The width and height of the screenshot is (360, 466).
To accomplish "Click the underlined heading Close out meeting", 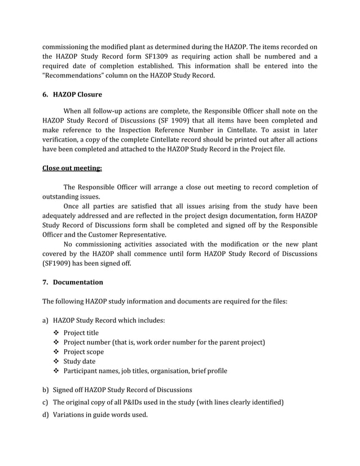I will [x=72, y=167].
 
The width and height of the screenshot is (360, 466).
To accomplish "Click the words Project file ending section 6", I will [x=267, y=149].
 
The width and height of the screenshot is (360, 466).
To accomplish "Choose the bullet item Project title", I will [x=81, y=332].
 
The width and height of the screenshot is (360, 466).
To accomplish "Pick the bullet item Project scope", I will [x=84, y=351].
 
